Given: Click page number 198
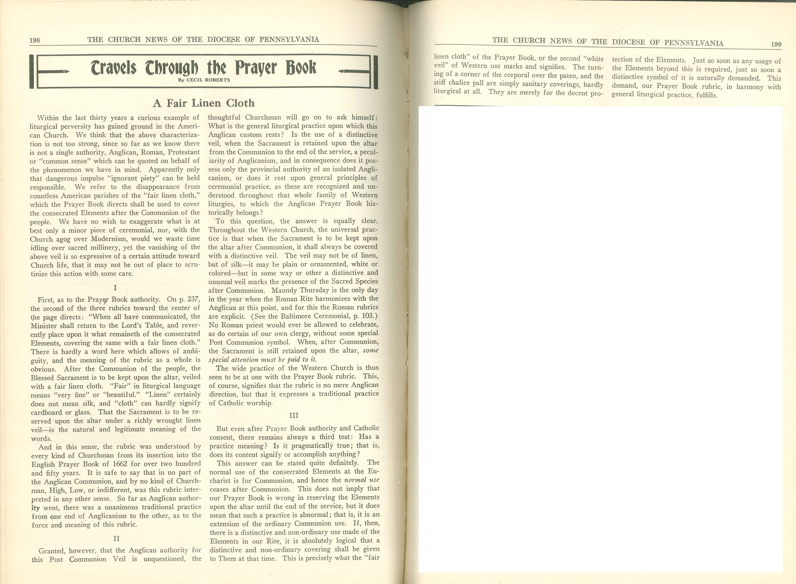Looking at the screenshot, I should coord(35,40).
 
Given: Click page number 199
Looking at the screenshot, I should coord(776,44).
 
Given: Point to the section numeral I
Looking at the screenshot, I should coord(115,288).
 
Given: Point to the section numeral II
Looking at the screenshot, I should coord(116,538).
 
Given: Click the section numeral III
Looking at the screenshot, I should coord(294,415).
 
